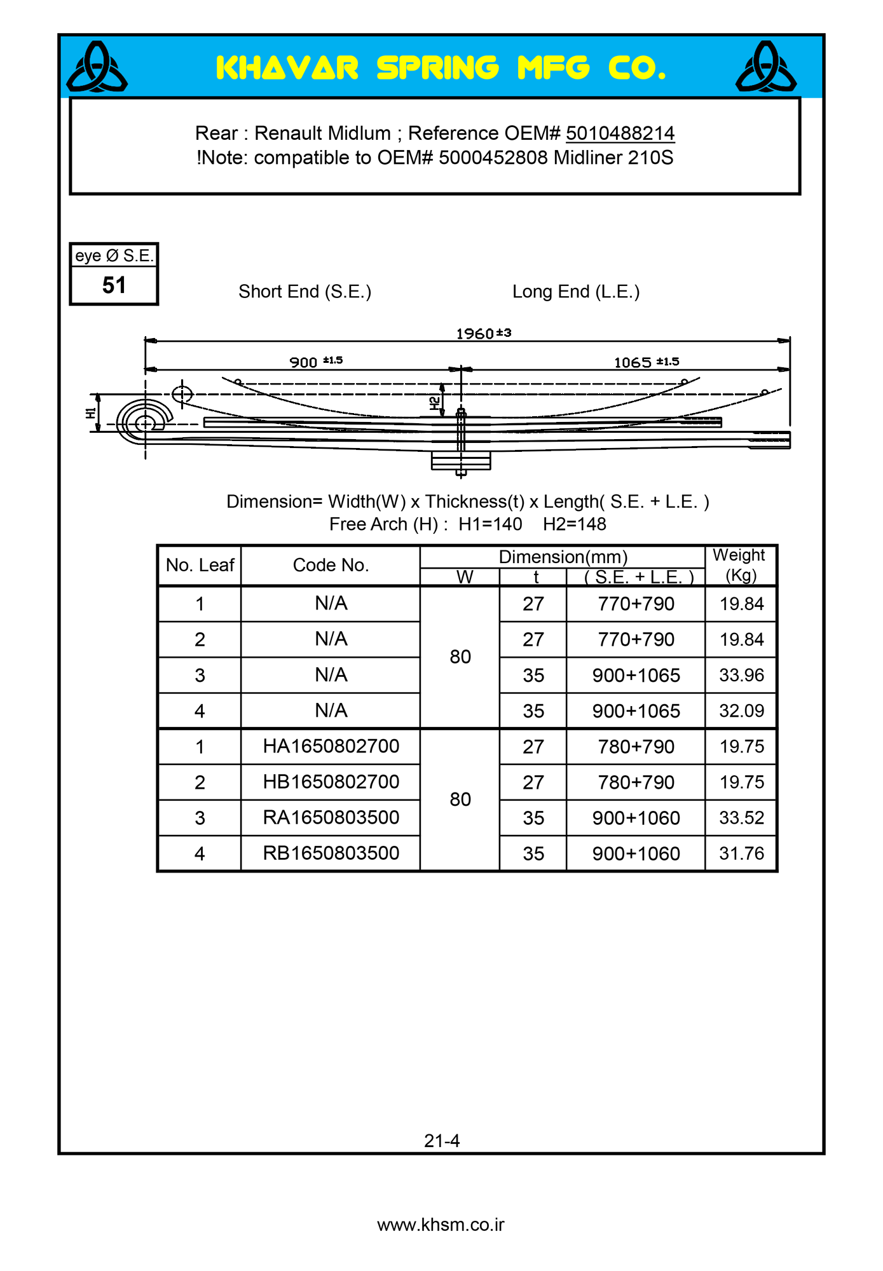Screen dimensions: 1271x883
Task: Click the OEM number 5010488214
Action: click(620, 133)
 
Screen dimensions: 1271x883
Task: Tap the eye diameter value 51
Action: click(114, 285)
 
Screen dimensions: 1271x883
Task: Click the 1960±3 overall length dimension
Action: click(483, 334)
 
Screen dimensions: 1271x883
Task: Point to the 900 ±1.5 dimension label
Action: click(316, 362)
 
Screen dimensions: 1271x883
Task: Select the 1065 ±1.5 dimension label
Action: click(646, 362)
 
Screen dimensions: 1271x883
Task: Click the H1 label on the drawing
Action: click(91, 413)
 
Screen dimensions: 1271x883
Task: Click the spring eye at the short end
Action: click(145, 422)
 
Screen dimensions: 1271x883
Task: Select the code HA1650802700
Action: click(331, 746)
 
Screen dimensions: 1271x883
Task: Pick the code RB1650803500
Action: click(331, 853)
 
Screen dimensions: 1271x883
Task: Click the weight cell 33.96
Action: click(741, 675)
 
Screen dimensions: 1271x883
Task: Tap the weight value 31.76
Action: click(741, 853)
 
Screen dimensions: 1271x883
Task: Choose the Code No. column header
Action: click(331, 565)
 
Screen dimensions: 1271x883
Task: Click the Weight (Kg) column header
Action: click(740, 564)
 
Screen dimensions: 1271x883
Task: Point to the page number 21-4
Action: click(442, 1141)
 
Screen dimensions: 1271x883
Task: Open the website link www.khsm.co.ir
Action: click(441, 1225)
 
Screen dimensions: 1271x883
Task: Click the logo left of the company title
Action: click(97, 67)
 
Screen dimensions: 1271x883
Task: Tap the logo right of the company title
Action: click(766, 67)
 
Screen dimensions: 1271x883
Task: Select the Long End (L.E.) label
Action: click(576, 292)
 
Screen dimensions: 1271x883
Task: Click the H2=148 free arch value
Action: click(575, 524)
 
